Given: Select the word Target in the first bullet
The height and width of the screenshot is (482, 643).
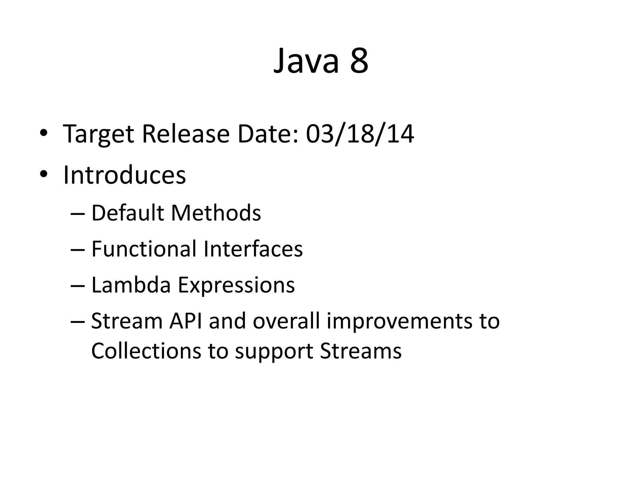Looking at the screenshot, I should click(99, 134).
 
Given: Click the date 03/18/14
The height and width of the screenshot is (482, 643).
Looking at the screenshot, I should click(360, 134).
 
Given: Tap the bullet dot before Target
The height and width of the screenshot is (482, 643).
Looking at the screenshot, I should click(44, 133).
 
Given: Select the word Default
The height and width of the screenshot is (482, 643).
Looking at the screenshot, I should click(127, 213).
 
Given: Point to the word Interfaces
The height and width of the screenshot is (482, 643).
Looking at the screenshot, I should click(253, 249).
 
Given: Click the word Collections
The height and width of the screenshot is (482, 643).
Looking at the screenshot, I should click(146, 351).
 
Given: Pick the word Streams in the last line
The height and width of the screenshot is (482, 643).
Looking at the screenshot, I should click(361, 351).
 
